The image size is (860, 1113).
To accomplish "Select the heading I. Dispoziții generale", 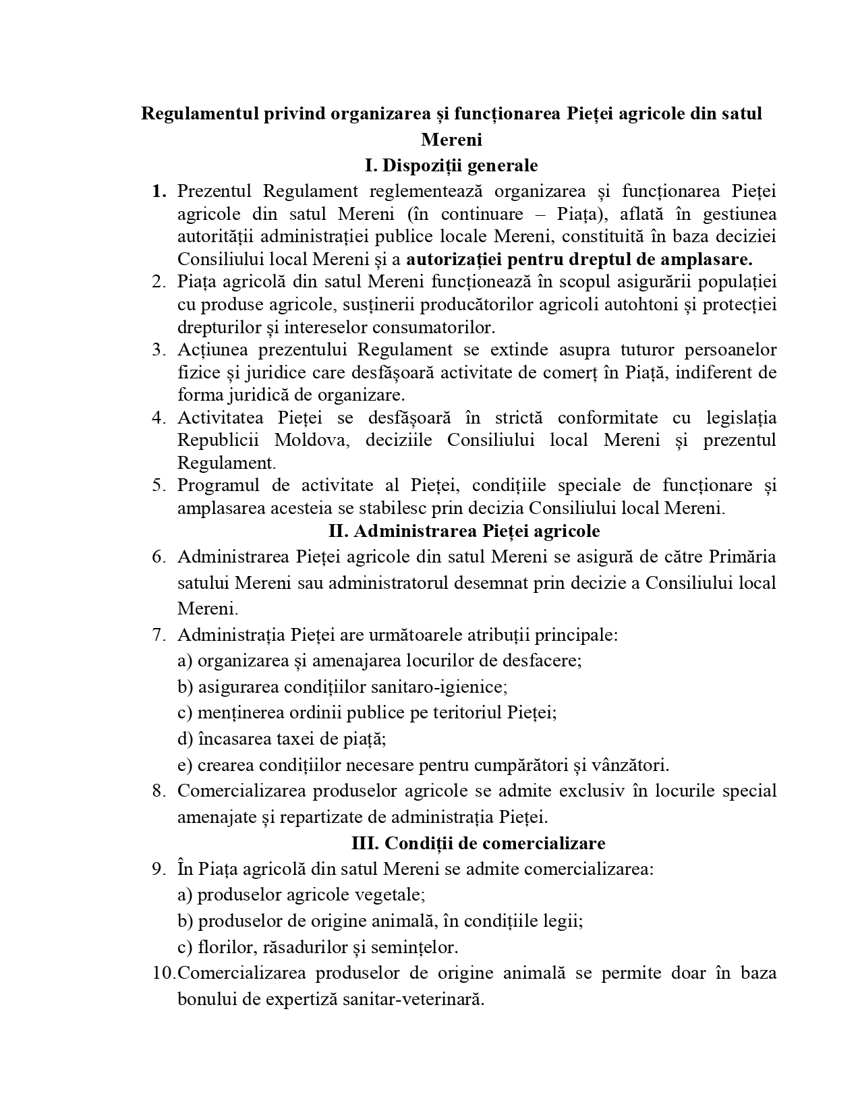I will click(x=451, y=165).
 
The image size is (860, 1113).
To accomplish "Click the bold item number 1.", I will click(x=159, y=192).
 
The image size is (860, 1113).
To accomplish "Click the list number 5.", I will click(x=159, y=486).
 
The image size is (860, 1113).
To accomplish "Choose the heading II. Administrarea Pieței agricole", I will click(x=464, y=531).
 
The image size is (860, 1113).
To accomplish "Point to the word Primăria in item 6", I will click(x=742, y=557).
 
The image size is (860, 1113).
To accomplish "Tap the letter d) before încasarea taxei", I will click(x=185, y=739).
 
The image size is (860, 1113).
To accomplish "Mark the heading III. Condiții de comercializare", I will click(x=478, y=843).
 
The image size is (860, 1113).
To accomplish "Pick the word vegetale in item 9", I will click(x=394, y=895).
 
